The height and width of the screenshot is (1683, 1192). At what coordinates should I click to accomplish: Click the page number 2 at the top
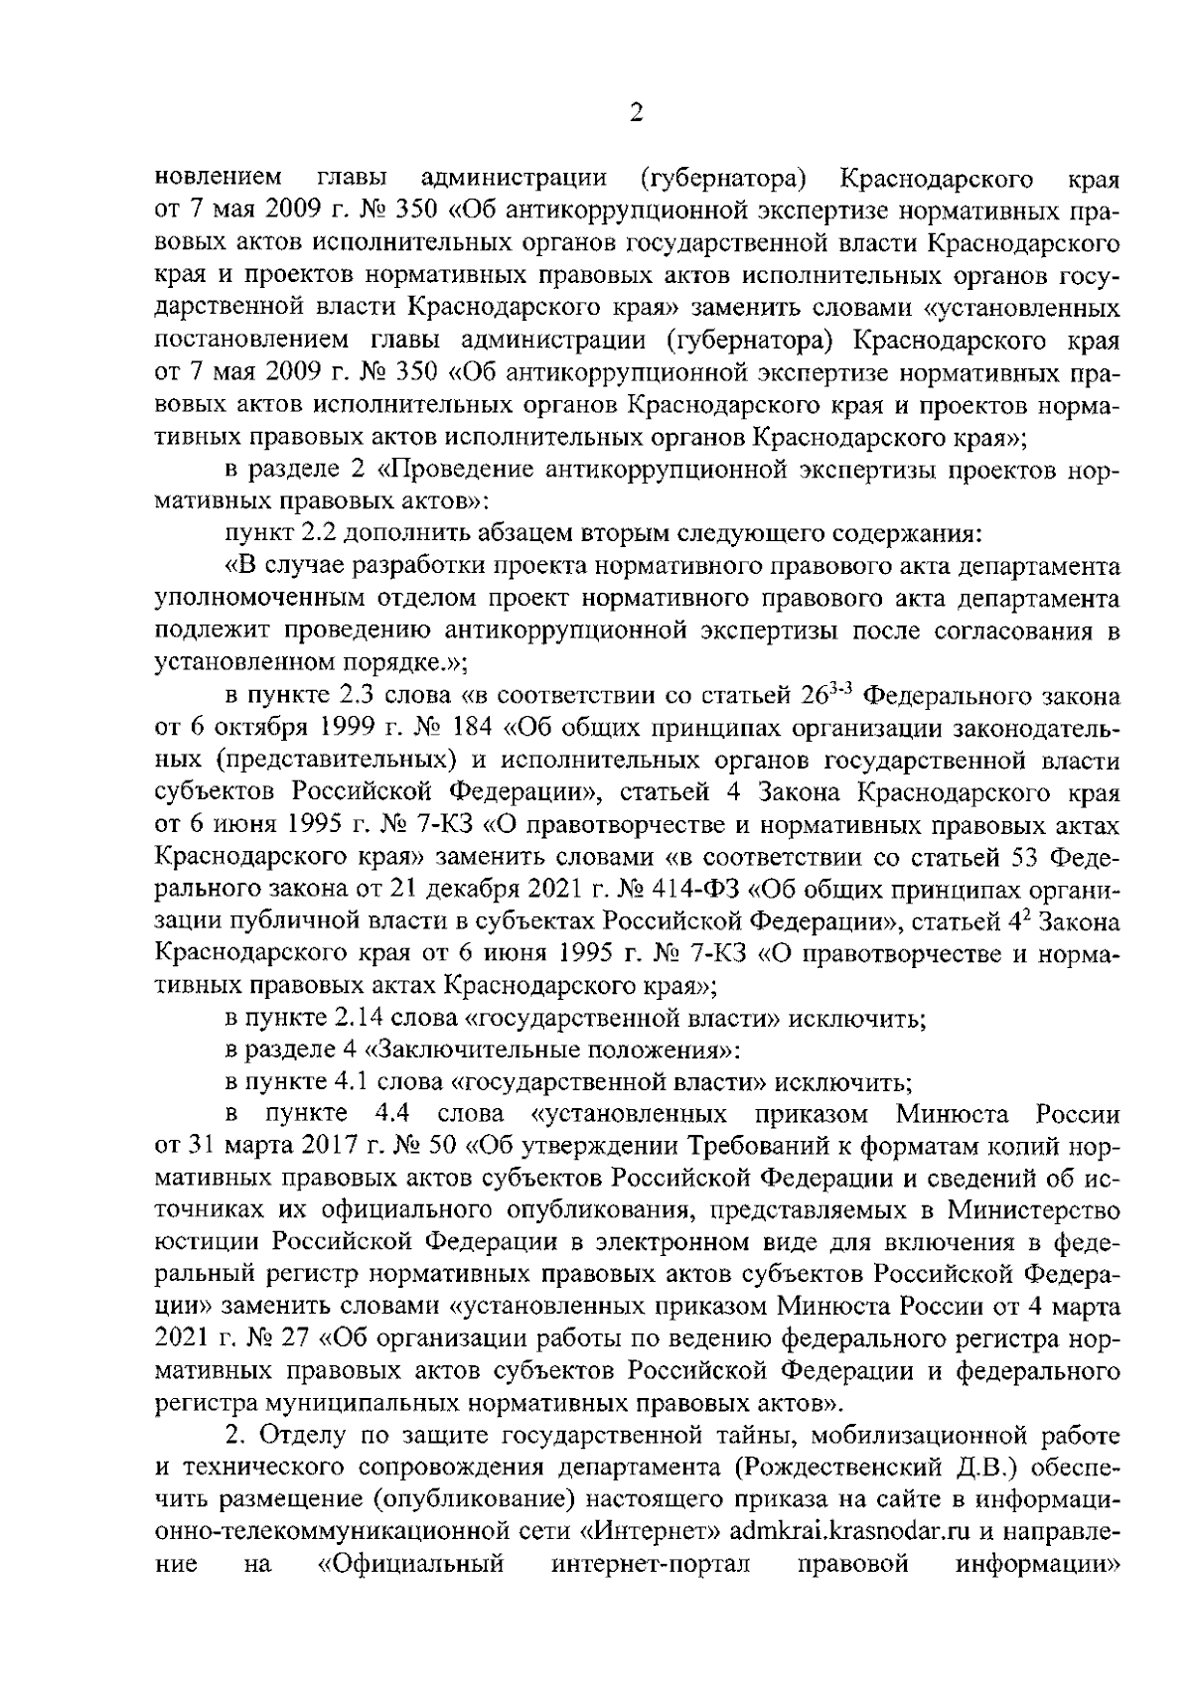pos(637,112)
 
